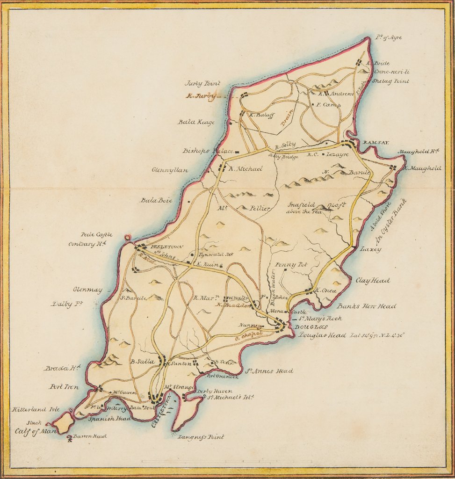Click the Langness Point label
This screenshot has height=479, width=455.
pos(201,437)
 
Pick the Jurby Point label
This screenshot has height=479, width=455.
pos(202,83)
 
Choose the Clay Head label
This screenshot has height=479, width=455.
pos(373,281)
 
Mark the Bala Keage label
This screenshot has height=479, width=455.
pos(196,122)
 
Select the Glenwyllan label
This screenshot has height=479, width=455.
pos(170,170)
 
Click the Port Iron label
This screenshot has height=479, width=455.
pos(64,387)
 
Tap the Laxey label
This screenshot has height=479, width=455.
pos(370,249)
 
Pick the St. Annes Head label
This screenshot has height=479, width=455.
pos(269,371)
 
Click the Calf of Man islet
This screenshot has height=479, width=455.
pos(63,422)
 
